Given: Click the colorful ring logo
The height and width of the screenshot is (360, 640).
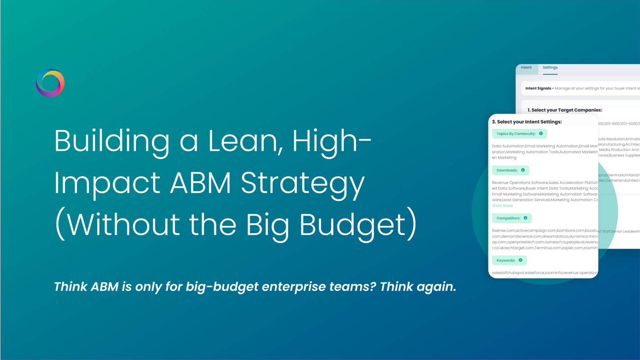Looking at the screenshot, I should [50, 83].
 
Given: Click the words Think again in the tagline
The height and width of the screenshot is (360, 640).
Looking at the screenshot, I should [418, 287].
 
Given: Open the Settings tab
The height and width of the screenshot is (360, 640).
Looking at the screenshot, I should [550, 67].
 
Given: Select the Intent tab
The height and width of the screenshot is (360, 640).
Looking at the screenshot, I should [526, 67].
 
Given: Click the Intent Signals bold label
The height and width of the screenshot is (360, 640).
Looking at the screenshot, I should [539, 88].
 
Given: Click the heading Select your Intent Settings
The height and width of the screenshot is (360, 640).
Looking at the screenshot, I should [527, 122].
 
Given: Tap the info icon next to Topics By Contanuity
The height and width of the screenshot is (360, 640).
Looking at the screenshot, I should [541, 134].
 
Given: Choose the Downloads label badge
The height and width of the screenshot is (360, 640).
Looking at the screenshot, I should [507, 170].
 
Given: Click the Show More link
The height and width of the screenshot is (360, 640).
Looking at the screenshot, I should [502, 206].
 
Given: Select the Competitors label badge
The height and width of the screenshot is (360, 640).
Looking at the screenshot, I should [508, 218].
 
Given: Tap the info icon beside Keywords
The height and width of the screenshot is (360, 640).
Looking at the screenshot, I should [521, 260].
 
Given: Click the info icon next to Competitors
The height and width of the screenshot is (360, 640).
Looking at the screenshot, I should [525, 218].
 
